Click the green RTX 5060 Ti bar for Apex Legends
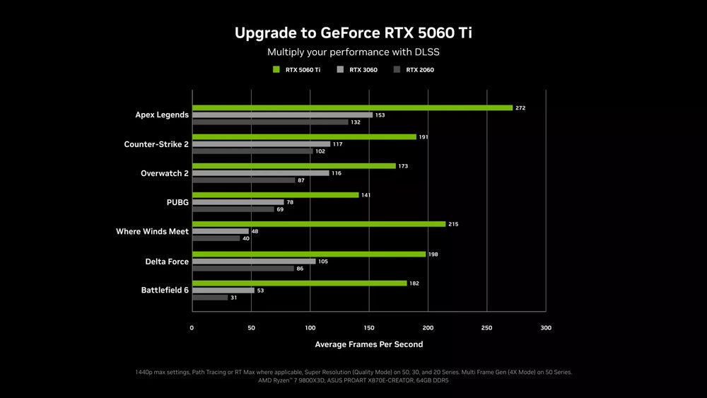pos(353,107)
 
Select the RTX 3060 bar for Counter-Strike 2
pos(262,144)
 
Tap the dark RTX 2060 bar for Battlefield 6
pos(210,298)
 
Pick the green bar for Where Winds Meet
pos(320,224)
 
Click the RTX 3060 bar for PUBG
pos(238,202)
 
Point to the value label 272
pos(520,108)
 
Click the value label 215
pos(453,224)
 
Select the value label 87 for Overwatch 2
pos(301,180)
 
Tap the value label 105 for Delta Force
pos(323,262)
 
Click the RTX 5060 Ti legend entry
pos(297,70)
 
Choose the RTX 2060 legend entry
pos(414,70)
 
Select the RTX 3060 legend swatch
pos(341,69)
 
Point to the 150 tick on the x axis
pos(369,328)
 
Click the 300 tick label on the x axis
pos(546,328)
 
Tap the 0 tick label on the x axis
pos(192,328)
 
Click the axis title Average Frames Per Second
pos(369,344)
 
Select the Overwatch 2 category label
pos(165,173)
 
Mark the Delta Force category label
pos(167,262)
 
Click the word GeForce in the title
pos(351,33)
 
